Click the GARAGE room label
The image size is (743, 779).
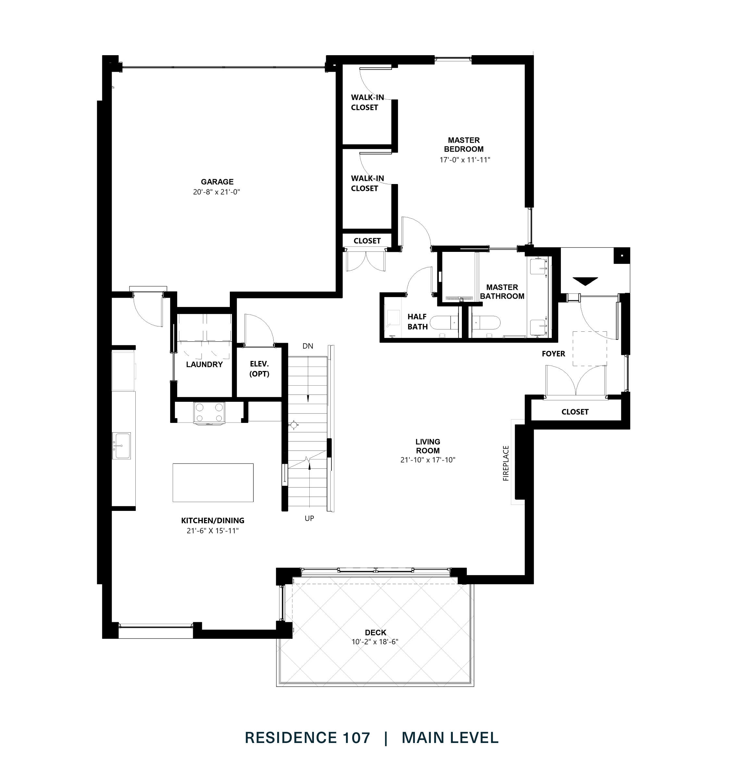(x=217, y=182)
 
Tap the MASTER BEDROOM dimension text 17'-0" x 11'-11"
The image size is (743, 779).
(x=464, y=160)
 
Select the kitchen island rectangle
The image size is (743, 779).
(x=213, y=482)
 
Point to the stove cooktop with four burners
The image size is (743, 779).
(x=209, y=413)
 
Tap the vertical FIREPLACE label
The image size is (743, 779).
(x=506, y=464)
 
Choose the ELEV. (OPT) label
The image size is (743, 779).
(x=259, y=369)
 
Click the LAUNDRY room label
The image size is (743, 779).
(x=204, y=365)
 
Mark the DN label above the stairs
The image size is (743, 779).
(x=308, y=346)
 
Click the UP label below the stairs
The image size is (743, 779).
(x=309, y=518)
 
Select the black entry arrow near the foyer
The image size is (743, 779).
(x=585, y=281)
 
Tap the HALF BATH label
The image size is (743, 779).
(x=417, y=322)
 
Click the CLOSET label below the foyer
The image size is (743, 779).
(x=575, y=412)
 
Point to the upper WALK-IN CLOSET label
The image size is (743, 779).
(x=367, y=102)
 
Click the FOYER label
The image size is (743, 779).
(x=553, y=354)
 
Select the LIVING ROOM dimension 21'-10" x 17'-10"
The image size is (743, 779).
(x=428, y=460)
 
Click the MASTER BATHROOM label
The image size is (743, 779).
(x=502, y=291)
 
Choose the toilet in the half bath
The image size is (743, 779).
(x=445, y=323)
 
